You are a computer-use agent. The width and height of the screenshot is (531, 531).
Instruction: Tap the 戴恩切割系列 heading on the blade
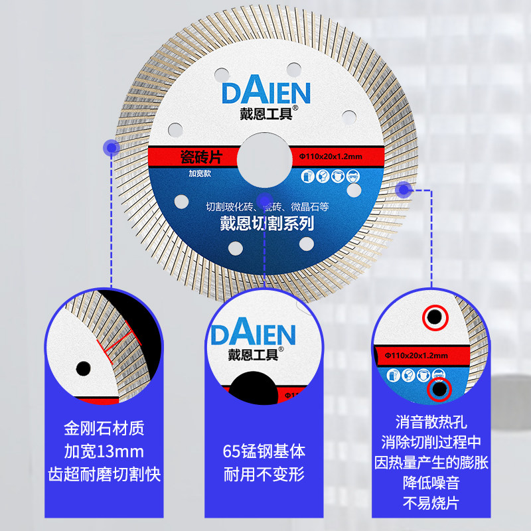click(267, 224)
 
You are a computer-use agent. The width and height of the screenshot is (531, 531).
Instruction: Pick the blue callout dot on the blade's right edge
click(402, 190)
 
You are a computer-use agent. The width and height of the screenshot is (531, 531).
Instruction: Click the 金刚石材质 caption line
click(104, 425)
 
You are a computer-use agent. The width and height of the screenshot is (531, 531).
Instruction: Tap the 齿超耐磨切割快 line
click(104, 475)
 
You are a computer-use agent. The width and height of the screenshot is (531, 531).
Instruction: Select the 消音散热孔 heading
click(431, 421)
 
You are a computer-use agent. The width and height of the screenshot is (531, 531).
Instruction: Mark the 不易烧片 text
click(431, 502)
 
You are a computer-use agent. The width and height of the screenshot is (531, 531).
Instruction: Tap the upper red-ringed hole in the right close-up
click(435, 316)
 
